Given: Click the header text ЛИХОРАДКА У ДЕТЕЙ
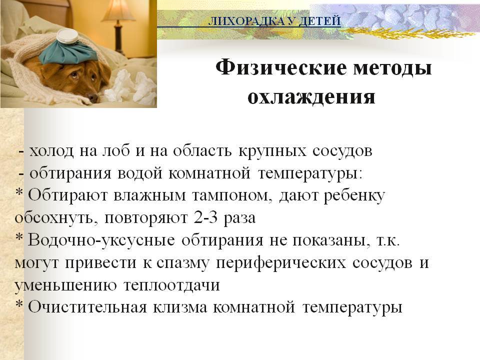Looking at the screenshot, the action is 274,21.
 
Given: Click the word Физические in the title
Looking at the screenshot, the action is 281,68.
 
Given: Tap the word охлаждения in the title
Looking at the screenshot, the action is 311,97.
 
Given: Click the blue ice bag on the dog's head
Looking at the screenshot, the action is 69,52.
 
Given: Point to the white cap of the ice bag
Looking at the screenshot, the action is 67,36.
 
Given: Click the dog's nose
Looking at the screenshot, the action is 92,97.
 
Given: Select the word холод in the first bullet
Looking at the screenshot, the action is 51,150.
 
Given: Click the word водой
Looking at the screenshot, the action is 140,173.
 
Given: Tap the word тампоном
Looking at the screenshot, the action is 232,196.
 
